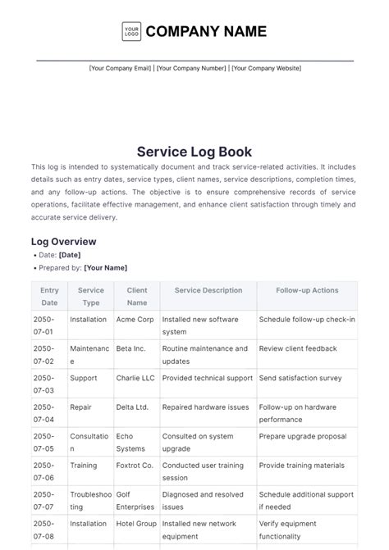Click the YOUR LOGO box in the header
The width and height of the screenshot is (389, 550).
coord(131,32)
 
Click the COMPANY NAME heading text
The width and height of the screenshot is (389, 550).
coord(206,32)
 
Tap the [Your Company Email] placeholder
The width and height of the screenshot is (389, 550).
coord(120,68)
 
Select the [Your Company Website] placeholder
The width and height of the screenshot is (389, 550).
coord(266,68)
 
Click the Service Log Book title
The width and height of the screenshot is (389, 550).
coord(194,152)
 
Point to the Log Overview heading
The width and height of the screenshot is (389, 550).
coord(64,242)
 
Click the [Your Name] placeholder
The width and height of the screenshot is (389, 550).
coord(106,268)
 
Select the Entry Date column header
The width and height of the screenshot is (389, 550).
coord(49,296)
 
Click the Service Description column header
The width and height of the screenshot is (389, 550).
coord(208,290)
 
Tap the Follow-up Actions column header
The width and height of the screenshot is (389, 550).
coord(307,290)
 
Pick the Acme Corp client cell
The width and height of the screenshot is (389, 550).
coord(135,320)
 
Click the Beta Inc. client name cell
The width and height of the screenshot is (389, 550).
coord(130,349)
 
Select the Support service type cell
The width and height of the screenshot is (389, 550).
coord(84,379)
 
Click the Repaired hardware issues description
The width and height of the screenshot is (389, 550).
coord(204,407)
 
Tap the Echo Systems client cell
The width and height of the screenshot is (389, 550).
coord(131,443)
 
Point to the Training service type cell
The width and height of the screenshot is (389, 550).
coord(85,466)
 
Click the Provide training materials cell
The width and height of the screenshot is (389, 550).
coord(302,466)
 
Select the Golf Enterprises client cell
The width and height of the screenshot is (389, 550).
coord(135,501)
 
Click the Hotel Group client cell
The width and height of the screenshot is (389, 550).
coord(136,524)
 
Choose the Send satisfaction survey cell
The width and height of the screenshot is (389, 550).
coord(300,379)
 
